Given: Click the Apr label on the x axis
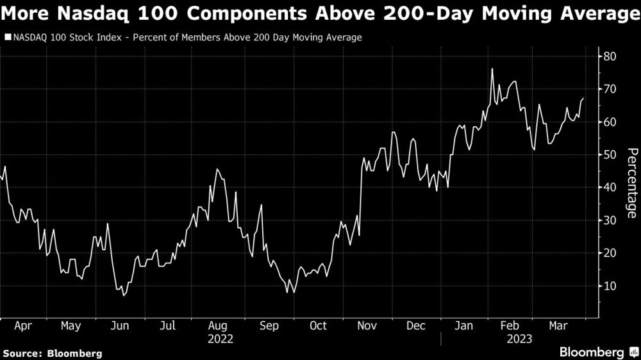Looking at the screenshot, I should pyautogui.click(x=22, y=326).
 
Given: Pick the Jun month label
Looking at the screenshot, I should pyautogui.click(x=120, y=326).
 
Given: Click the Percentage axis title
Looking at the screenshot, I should pyautogui.click(x=631, y=183).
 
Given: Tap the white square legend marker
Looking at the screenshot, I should pyautogui.click(x=7, y=38).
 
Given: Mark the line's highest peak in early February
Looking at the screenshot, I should pyautogui.click(x=492, y=69).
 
